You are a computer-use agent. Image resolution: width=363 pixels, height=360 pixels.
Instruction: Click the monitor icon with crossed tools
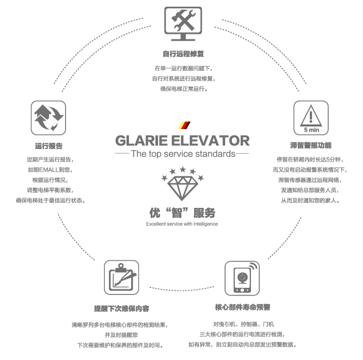click(183, 24)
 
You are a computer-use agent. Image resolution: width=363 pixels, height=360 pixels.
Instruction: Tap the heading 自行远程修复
click(183, 54)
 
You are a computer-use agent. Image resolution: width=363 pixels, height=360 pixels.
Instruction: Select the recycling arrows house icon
click(49, 118)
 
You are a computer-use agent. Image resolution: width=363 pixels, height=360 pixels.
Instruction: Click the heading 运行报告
click(49, 146)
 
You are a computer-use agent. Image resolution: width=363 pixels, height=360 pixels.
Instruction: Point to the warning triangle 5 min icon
click(311, 118)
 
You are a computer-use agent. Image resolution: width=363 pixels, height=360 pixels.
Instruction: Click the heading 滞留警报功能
click(311, 145)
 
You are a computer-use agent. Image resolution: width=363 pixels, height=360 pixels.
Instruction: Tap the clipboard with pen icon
click(121, 277)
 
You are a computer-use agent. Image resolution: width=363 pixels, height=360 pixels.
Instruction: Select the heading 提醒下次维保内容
click(121, 308)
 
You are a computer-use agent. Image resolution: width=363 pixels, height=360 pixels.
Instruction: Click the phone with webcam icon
click(242, 278)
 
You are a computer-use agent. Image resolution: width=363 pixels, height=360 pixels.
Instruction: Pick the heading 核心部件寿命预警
click(243, 307)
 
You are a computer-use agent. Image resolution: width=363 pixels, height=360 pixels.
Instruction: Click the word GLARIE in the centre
click(141, 141)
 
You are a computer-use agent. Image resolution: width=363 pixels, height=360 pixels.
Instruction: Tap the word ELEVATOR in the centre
click(211, 141)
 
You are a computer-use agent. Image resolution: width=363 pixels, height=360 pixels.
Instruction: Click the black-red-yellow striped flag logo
click(184, 125)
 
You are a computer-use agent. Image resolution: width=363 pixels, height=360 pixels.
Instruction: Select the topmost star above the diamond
click(183, 170)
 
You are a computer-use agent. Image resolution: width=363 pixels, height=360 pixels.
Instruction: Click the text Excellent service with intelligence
click(182, 224)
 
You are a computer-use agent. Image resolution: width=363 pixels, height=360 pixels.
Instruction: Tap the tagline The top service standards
click(183, 154)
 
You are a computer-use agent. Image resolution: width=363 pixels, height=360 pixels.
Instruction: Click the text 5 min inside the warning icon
click(311, 130)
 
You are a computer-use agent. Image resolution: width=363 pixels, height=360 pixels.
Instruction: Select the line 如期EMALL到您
click(50, 170)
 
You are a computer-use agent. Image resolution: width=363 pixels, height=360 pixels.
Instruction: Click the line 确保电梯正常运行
click(184, 89)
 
